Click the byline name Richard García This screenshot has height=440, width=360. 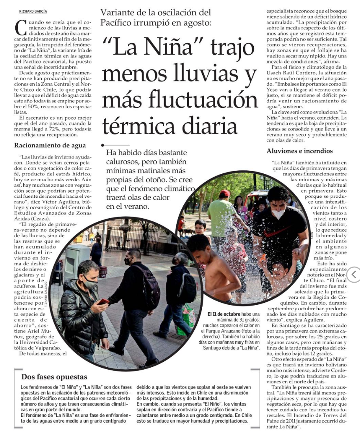tap(33, 12)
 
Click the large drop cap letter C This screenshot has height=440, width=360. tap(20, 28)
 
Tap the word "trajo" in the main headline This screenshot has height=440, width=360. tap(227, 48)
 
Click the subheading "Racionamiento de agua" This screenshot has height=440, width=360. tap(50, 145)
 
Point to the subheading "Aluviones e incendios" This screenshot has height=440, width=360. tap(299, 151)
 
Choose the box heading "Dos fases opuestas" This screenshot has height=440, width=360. tap(54, 377)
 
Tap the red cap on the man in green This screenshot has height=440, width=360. tap(225, 193)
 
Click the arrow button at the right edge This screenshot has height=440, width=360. tap(354, 274)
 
